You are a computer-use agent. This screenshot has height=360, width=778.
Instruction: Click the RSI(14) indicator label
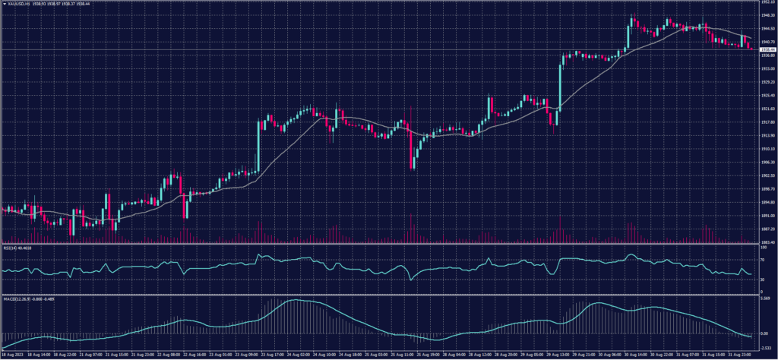point(11,247)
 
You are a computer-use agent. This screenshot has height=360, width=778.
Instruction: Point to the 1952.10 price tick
point(765,2)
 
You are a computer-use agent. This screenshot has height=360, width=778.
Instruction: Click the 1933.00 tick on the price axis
point(765,68)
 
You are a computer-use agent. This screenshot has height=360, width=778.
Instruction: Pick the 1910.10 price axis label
point(765,149)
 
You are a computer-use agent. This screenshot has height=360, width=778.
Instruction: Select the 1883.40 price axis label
point(765,242)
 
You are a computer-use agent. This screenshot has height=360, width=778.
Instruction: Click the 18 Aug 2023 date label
point(14,355)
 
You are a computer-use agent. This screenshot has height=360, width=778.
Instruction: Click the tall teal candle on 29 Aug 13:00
point(561,84)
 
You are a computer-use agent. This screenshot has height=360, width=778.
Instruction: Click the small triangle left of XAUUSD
point(4,3)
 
